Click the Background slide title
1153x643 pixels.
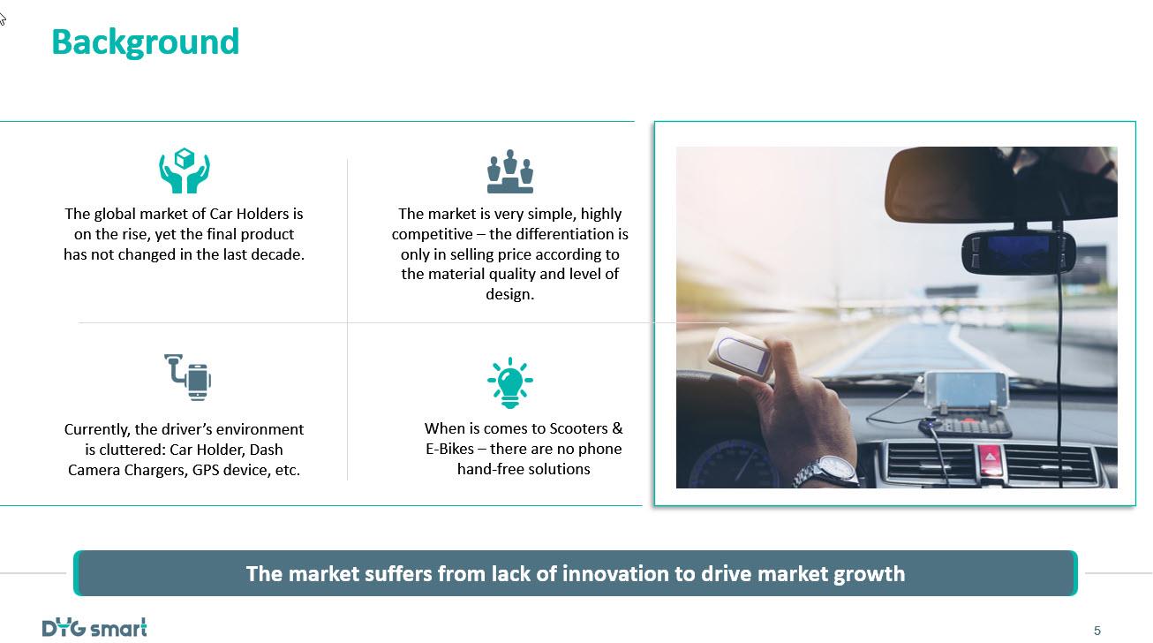(146, 42)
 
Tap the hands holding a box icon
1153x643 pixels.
(184, 171)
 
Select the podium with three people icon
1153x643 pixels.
(509, 171)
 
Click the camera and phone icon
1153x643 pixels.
(187, 377)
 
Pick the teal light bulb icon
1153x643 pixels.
(509, 382)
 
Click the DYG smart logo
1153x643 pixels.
(94, 628)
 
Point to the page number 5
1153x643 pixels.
(1096, 631)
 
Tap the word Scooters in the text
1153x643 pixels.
(579, 428)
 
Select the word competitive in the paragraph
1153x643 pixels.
(432, 234)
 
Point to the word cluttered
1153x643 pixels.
(131, 450)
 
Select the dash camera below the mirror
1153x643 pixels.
(1018, 253)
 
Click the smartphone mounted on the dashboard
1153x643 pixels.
(966, 391)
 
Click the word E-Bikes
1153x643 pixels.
(449, 449)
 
